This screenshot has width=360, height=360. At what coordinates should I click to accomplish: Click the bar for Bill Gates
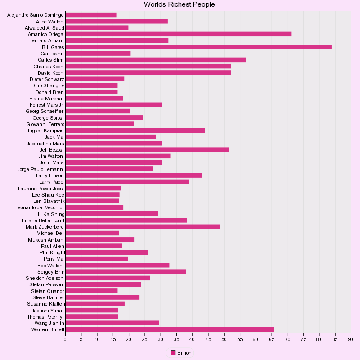click(198, 47)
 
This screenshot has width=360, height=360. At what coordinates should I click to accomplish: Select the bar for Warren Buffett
click(170, 329)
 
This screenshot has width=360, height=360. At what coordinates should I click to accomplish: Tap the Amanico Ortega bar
click(178, 34)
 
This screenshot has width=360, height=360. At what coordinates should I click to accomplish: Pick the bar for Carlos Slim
click(155, 60)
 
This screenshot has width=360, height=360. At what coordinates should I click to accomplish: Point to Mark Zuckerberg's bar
click(143, 227)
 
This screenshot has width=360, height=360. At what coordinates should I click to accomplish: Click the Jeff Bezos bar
click(147, 149)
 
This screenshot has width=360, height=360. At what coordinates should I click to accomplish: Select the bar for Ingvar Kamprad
click(135, 130)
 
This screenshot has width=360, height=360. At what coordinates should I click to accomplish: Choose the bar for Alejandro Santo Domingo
click(91, 15)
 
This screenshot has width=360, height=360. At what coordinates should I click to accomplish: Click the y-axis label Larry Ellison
click(50, 175)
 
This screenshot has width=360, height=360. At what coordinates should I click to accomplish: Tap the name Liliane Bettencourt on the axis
click(43, 220)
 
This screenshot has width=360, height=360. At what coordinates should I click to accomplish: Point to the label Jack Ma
click(54, 137)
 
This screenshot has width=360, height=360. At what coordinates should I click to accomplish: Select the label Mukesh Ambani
click(46, 240)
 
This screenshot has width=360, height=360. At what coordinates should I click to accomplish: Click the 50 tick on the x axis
click(224, 339)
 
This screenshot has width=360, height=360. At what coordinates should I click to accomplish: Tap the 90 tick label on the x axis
click(351, 339)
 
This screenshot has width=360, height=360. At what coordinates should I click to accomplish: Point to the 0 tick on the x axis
click(65, 339)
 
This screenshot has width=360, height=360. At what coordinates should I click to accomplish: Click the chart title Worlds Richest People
click(180, 4)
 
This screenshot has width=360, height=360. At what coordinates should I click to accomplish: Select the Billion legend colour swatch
click(173, 353)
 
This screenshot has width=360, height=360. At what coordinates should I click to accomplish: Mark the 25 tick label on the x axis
click(144, 339)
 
